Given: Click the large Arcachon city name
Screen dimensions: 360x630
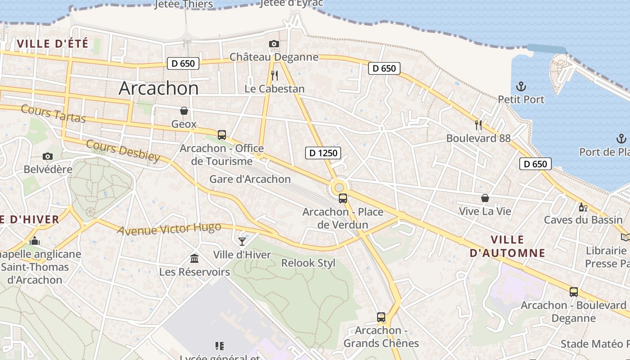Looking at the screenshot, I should tap(158, 88).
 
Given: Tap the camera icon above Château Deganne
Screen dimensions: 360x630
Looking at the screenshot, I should tap(274, 44).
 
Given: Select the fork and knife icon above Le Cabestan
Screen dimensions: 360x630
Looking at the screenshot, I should tap(274, 75).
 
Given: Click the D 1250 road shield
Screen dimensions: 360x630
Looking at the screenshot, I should tap(324, 153).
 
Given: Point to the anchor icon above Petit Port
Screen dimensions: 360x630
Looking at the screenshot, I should tap(521, 86).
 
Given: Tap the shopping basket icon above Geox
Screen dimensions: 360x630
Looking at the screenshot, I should tap(184, 111).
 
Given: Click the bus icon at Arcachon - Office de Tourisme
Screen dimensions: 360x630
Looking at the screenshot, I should tap(221, 135).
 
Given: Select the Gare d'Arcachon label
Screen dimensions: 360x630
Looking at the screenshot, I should tap(250, 179).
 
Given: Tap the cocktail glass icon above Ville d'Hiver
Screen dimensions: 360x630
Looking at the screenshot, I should tap(242, 242).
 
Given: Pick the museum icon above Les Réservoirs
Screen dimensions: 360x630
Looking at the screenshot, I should tap(194, 258).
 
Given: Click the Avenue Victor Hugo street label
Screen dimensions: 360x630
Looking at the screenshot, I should tap(169, 229).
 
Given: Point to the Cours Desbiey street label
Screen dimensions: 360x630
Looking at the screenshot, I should tap(123, 150).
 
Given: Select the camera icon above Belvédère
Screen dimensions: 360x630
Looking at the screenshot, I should tap(48, 157).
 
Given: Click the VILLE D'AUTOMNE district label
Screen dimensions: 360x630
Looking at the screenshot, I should tap(508, 246).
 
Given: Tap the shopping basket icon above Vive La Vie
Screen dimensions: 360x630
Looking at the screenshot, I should tap(485, 198).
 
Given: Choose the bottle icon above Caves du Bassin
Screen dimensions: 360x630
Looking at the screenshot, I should tap(583, 207).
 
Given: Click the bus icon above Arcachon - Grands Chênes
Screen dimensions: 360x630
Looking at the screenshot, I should tap(381, 317).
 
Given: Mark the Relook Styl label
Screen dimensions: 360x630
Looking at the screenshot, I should tap(308, 263).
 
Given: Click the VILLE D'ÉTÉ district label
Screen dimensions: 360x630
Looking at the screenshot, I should tap(53, 44).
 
